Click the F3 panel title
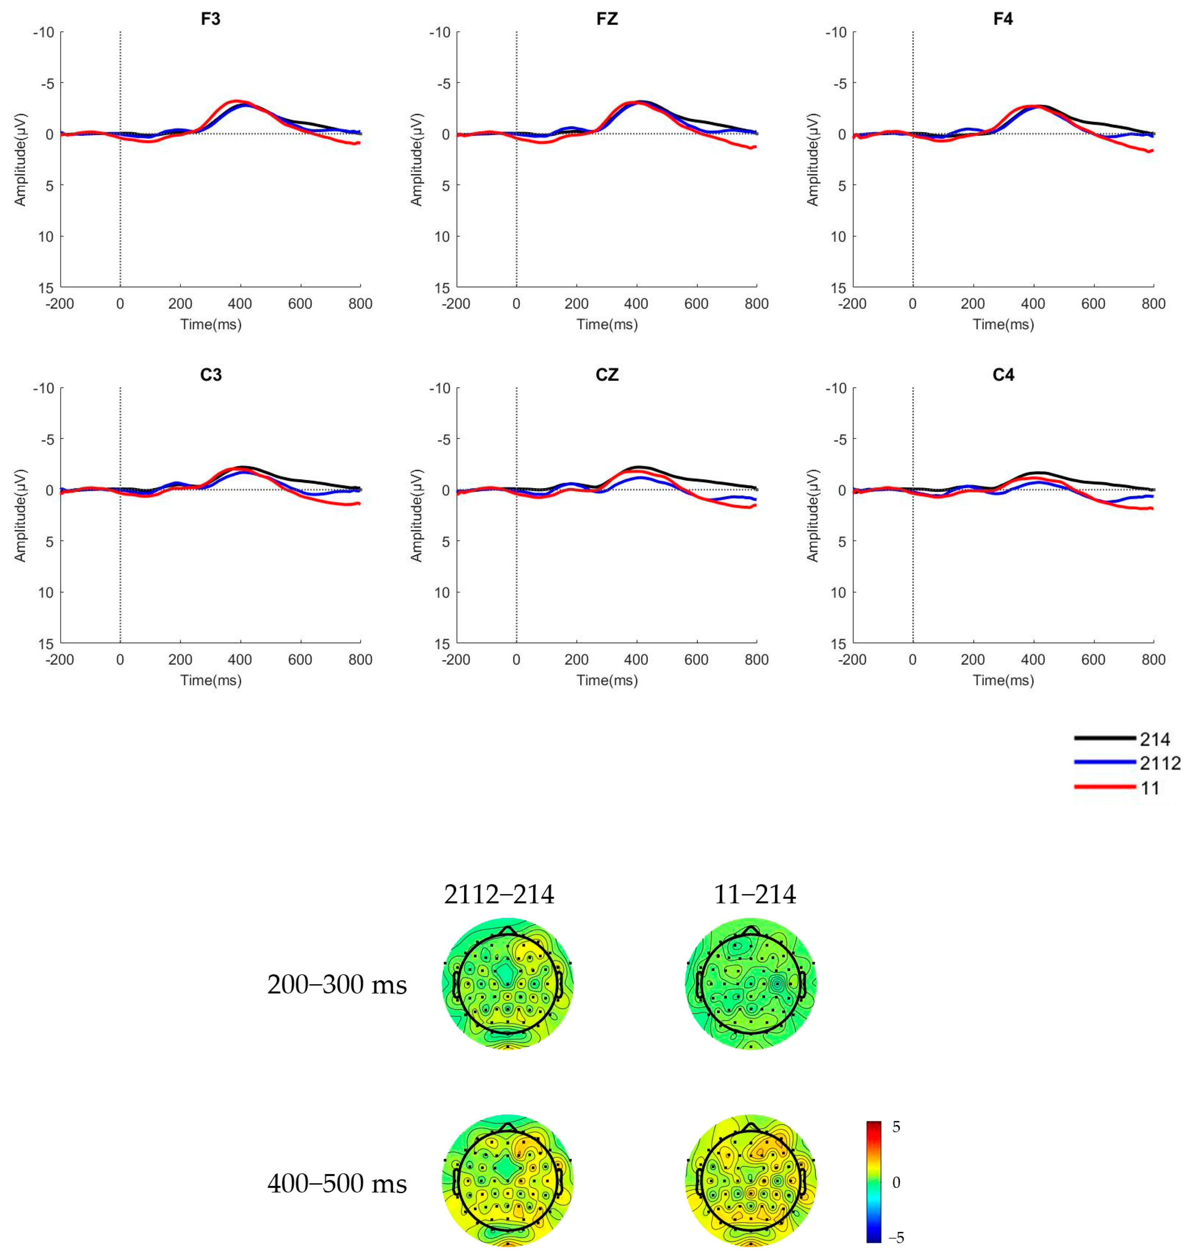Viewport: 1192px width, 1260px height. [x=210, y=19]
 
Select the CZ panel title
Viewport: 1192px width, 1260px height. [x=607, y=375]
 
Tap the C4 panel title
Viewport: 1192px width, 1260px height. [x=1003, y=375]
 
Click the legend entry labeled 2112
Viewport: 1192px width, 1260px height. [x=1160, y=763]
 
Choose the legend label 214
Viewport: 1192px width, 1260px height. [x=1155, y=739]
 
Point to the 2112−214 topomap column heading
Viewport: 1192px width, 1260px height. [x=499, y=894]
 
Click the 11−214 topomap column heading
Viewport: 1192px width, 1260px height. [x=754, y=894]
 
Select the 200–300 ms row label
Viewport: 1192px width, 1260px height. [x=337, y=985]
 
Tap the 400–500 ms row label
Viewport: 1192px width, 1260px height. [x=337, y=1184]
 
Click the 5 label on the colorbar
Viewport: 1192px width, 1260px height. [x=896, y=1127]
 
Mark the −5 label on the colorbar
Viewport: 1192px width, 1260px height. [x=896, y=1238]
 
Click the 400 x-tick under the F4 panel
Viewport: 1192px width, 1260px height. [x=1032, y=304]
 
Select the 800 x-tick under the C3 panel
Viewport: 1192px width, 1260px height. [x=360, y=660]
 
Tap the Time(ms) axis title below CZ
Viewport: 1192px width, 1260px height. [x=607, y=680]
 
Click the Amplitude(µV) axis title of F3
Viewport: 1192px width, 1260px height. [x=20, y=160]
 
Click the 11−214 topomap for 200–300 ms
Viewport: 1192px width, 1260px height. [x=751, y=983]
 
